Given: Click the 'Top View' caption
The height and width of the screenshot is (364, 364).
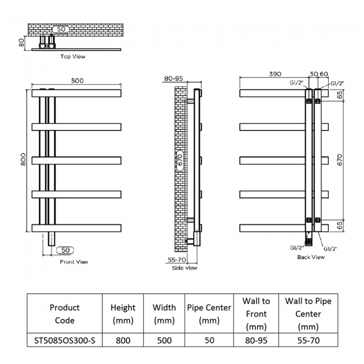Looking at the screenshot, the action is coord(73,57).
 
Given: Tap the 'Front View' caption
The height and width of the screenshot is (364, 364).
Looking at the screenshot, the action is coord(74,262).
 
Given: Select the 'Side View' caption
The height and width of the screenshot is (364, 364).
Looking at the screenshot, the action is coord(185,268).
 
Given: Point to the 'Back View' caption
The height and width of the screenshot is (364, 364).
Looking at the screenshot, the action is coord(311,257).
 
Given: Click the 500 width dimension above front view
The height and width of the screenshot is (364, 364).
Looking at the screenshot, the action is coord(77,81).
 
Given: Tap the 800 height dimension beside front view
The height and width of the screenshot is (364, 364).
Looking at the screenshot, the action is coord(23,159).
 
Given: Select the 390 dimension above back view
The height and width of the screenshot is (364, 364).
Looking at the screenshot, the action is coord(275,74).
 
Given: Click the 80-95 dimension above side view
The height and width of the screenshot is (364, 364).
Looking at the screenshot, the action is coord(174,78).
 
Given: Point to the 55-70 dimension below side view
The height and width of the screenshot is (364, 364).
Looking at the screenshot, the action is coord(177,259).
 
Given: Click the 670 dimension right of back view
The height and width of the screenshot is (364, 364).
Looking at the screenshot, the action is coord(339,160).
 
